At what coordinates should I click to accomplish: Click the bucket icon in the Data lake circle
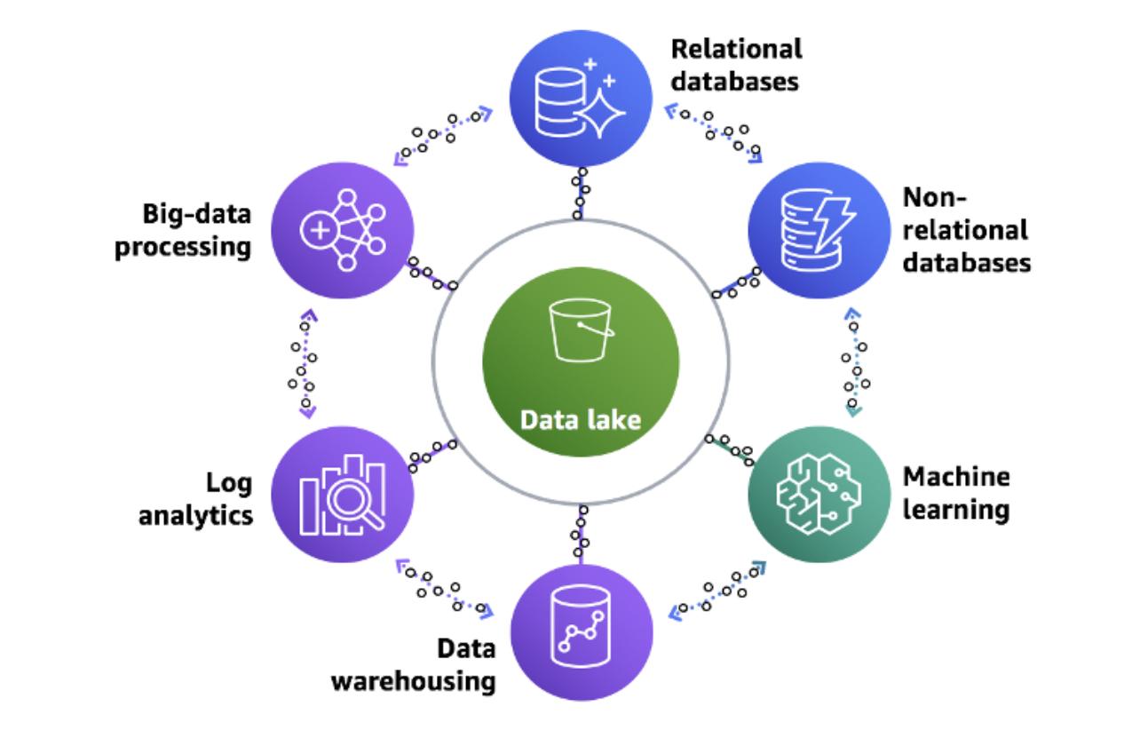coord(581,331)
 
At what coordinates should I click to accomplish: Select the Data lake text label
coord(581,419)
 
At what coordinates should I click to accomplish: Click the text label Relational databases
coord(736,64)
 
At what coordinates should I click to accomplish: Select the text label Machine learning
coord(955,494)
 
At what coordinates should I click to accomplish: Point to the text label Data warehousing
coord(426,664)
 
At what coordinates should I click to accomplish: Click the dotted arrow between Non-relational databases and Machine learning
coord(853,362)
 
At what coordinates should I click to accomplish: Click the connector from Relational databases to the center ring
coord(580,193)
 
